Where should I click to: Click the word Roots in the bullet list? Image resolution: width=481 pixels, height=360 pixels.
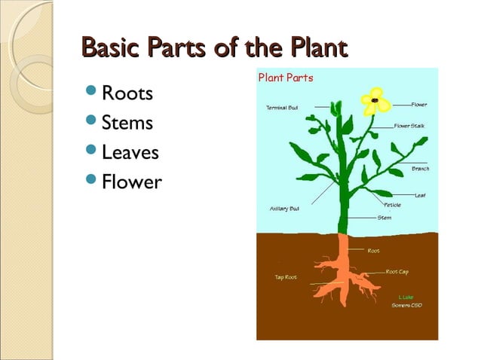coord(127,94)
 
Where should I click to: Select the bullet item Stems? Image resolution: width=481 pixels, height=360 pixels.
coord(127,123)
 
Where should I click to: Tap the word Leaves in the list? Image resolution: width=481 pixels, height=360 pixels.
coord(130,153)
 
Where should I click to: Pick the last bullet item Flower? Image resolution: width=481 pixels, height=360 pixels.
coord(131,182)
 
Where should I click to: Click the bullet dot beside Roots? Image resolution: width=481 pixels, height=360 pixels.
coord(90,94)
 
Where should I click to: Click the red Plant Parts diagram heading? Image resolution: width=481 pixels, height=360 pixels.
coord(286,78)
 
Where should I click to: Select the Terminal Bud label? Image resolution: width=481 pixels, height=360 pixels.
coord(282,108)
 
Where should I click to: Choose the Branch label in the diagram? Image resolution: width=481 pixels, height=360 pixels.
coord(420,169)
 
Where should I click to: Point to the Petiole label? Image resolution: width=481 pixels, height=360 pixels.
coord(392,205)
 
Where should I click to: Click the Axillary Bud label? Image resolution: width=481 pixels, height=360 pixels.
coord(284,209)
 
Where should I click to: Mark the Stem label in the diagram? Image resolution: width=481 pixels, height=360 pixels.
coord(384,218)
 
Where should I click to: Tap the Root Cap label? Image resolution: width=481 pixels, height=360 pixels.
coord(397,271)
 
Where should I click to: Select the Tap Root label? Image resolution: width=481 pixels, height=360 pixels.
coord(285,277)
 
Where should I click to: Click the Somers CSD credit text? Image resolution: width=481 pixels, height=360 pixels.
coord(406,305)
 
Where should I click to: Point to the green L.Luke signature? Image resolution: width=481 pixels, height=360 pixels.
coord(406,297)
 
